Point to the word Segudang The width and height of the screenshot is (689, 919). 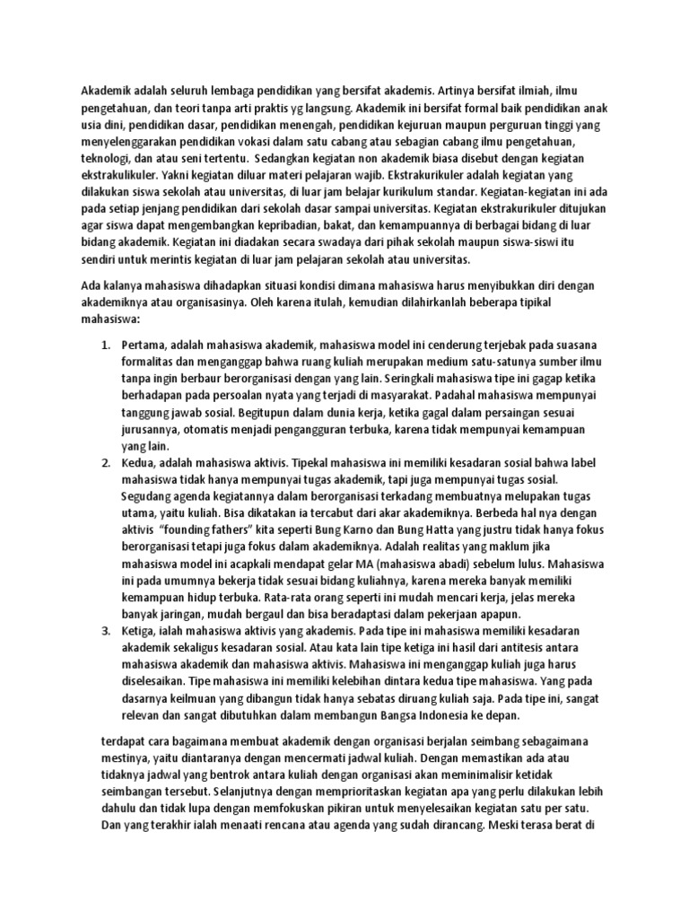(148, 496)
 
